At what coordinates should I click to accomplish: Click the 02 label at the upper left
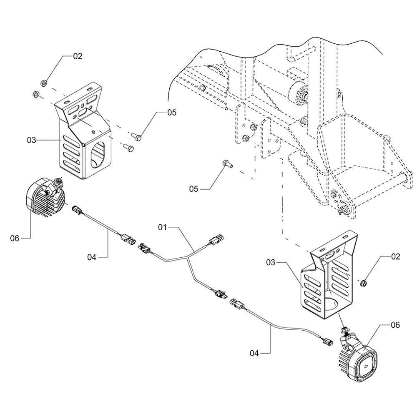coord(78,56)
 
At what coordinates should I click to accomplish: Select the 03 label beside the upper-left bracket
coord(32,141)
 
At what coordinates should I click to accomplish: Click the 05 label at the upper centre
coord(172,112)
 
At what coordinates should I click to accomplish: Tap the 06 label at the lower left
coord(15,238)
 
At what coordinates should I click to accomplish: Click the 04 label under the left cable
coord(92,257)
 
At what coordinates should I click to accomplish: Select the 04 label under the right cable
coord(255,353)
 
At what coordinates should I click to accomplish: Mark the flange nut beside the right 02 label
coord(363,284)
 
